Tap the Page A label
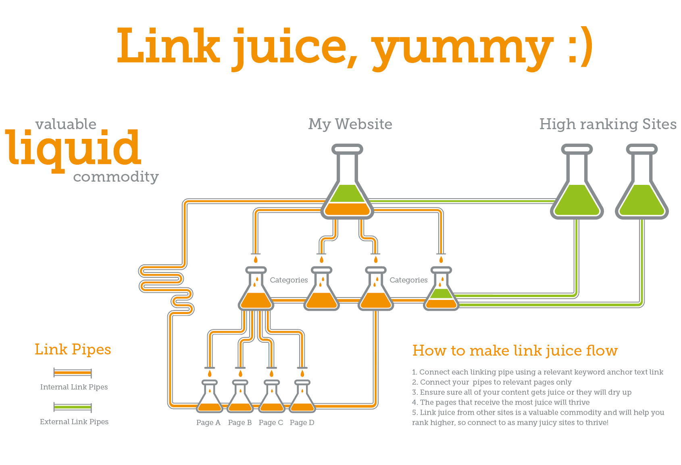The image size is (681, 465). tap(208, 423)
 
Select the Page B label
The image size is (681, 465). tap(240, 423)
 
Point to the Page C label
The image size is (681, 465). tap(271, 423)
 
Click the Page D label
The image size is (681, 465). tap(302, 423)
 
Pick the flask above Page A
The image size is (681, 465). tap(209, 398)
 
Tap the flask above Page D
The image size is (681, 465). tap(302, 398)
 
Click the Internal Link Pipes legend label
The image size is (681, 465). tap(74, 387)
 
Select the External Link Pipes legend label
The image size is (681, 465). tap(74, 422)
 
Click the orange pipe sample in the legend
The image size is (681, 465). tap(73, 373)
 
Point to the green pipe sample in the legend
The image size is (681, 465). tap(73, 407)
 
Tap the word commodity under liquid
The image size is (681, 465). tap(116, 177)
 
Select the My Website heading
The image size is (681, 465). tap(350, 124)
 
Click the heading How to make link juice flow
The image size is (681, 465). tap(515, 350)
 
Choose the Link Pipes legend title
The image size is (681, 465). tap(73, 350)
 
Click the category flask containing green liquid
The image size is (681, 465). tap(441, 291)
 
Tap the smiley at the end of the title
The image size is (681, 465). tap(581, 48)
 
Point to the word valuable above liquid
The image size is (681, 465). tap(66, 124)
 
